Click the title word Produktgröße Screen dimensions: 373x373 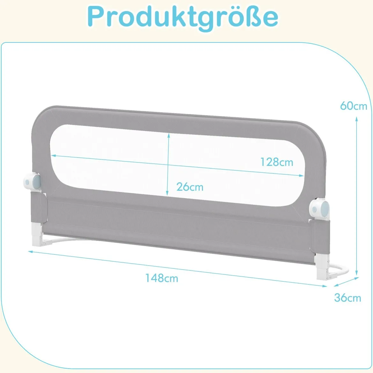tap(183, 17)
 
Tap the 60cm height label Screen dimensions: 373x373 tap(354, 106)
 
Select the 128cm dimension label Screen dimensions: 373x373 tap(277, 162)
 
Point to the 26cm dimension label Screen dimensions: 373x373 tap(190, 187)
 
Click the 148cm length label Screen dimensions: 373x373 tap(162, 278)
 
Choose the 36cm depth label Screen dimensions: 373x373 tap(347, 297)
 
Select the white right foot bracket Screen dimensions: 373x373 tap(323, 267)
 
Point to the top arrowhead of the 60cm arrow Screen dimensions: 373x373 tap(357, 119)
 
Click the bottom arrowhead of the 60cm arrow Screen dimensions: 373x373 tap(357, 273)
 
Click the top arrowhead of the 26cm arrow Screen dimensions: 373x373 tap(169, 135)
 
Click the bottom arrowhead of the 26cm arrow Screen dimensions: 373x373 tap(167, 194)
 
